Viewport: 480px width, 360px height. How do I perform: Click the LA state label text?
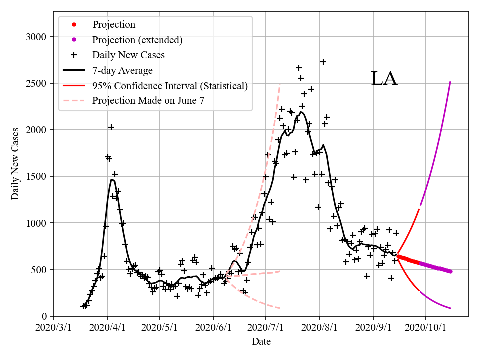(384, 79)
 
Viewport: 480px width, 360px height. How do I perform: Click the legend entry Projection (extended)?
(137, 40)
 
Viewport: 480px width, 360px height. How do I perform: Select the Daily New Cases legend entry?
(128, 55)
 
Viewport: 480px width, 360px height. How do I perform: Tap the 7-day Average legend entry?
(122, 70)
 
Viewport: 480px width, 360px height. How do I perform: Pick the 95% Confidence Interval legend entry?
(170, 86)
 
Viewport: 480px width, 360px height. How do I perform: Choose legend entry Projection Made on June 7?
(148, 101)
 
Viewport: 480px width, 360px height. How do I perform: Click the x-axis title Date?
(261, 341)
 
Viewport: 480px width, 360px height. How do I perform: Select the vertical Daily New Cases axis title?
(16, 163)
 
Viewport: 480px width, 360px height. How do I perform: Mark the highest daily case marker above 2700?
(323, 62)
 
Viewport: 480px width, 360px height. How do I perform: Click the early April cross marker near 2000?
(111, 127)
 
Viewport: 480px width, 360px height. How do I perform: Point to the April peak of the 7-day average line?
(112, 180)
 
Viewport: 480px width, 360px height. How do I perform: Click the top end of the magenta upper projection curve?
(450, 82)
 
